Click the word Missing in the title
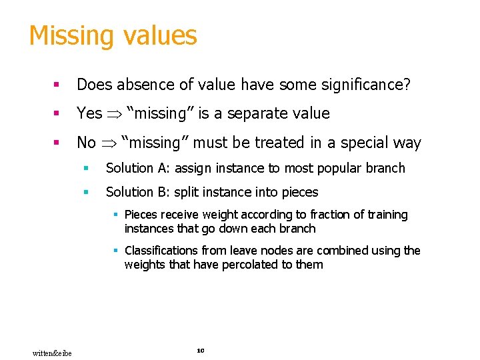coord(69,36)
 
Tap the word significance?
coord(369,85)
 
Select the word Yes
coord(89,113)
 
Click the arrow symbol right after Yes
coord(114,114)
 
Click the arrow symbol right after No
coord(109,143)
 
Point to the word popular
coord(341,168)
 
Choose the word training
coord(383,215)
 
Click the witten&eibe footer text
coord(52,352)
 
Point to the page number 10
coord(201,350)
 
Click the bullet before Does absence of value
coord(58,85)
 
